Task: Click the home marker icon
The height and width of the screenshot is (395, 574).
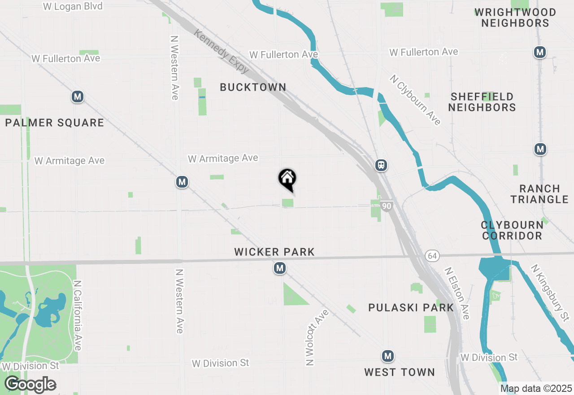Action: coord(287,179)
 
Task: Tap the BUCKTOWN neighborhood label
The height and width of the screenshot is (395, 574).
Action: coord(253,88)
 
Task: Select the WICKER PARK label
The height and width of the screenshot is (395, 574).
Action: coord(274,252)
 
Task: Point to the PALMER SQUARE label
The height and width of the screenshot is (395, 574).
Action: coord(55,123)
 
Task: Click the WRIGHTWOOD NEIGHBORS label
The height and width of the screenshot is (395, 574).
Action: coord(515,18)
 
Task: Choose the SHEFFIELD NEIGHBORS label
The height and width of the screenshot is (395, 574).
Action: coord(482,102)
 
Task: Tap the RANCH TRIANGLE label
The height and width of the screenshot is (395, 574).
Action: coord(539,194)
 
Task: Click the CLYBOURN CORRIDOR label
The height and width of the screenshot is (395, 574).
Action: coord(512,230)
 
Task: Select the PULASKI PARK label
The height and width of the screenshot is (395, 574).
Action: coord(411,307)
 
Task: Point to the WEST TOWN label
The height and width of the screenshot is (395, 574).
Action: coord(400,372)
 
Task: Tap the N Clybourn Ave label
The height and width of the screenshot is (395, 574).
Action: coord(415,100)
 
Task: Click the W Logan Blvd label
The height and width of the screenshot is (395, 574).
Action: coord(73,6)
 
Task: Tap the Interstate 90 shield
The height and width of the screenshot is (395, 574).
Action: coord(387,206)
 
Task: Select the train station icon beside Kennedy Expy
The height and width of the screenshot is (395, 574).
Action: coord(381,165)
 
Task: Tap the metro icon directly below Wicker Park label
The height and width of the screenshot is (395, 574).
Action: coord(280,268)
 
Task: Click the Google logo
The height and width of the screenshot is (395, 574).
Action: coord(30,385)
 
